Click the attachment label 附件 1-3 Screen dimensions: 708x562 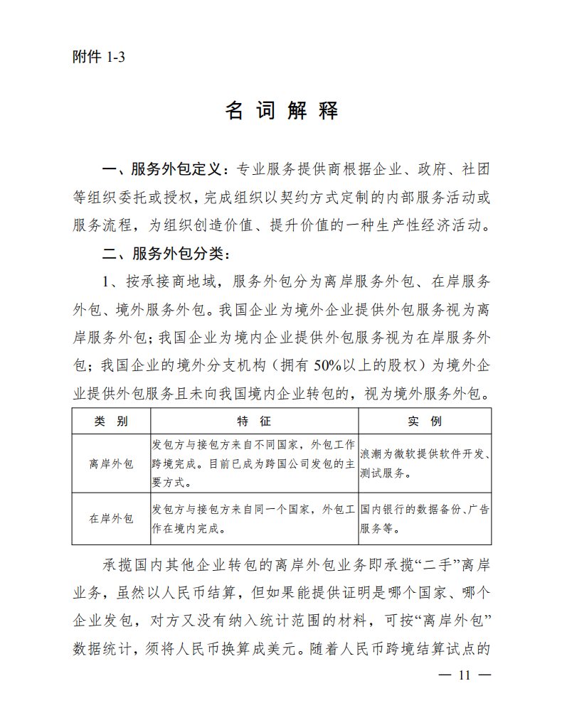(x=99, y=58)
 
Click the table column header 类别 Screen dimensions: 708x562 (x=111, y=421)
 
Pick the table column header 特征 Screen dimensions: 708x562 (x=254, y=421)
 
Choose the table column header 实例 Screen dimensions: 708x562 (x=425, y=421)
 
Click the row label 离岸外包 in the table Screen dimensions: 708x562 (x=111, y=463)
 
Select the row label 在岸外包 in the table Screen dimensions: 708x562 (x=111, y=518)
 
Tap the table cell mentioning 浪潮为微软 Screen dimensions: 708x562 (x=425, y=463)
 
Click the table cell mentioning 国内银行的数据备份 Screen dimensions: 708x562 (x=425, y=518)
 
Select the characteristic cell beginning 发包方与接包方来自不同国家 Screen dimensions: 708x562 (x=254, y=463)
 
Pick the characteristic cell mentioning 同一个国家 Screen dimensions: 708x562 (x=254, y=518)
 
